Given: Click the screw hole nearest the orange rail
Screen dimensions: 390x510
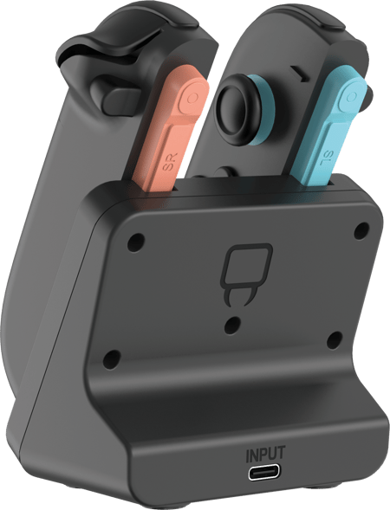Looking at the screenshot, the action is [x=135, y=242].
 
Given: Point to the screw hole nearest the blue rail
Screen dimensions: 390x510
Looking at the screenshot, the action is [x=361, y=230].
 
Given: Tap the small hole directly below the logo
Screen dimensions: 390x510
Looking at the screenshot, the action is [x=232, y=324].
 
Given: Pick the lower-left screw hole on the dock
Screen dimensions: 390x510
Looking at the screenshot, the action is [x=111, y=358].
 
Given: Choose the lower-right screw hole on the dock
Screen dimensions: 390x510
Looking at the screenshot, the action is [x=335, y=340].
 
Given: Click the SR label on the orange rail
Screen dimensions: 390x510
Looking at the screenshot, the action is [x=170, y=163].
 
